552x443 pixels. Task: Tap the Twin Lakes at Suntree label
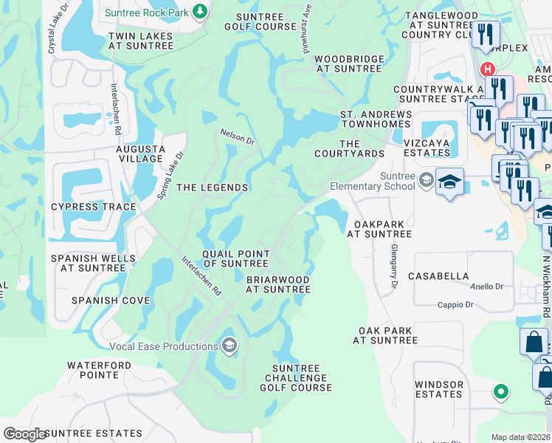(x=141, y=41)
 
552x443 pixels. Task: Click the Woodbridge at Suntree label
(x=349, y=63)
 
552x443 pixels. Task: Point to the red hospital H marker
(x=487, y=69)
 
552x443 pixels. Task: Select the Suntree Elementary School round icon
(x=426, y=179)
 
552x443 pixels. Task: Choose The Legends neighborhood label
(x=212, y=188)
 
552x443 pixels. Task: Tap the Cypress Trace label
(x=93, y=207)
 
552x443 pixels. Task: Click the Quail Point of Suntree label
(x=235, y=258)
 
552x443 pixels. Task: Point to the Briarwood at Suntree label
(x=278, y=284)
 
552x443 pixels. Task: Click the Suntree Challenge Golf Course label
(x=296, y=378)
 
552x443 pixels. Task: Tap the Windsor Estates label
(x=438, y=389)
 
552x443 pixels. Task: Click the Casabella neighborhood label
(x=442, y=276)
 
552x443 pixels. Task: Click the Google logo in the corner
(x=24, y=434)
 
